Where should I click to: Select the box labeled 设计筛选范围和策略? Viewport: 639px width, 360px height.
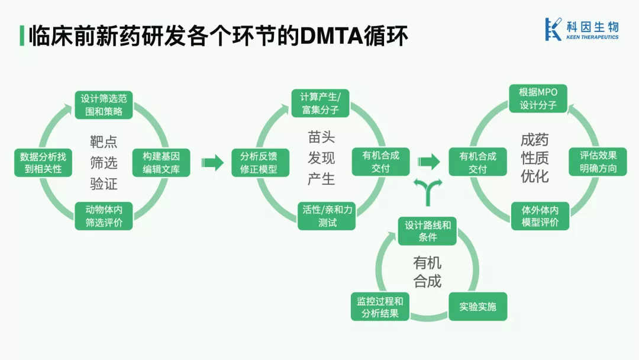(x=104, y=104)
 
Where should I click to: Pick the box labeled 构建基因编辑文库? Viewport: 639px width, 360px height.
(x=161, y=162)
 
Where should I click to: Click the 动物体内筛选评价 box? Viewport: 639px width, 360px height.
(x=104, y=216)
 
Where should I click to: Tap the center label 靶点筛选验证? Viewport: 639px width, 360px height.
(x=104, y=162)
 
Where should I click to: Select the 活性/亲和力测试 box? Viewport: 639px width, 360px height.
(x=327, y=216)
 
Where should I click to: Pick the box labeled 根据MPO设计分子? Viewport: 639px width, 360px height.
(x=538, y=98)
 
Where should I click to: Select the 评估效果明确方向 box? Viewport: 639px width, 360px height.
(x=598, y=162)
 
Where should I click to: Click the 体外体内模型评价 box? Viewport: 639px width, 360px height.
(x=540, y=216)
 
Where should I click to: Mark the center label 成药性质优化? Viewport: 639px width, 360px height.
(x=535, y=158)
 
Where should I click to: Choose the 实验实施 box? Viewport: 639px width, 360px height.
(x=477, y=307)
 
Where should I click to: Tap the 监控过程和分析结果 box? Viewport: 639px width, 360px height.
(x=380, y=307)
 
